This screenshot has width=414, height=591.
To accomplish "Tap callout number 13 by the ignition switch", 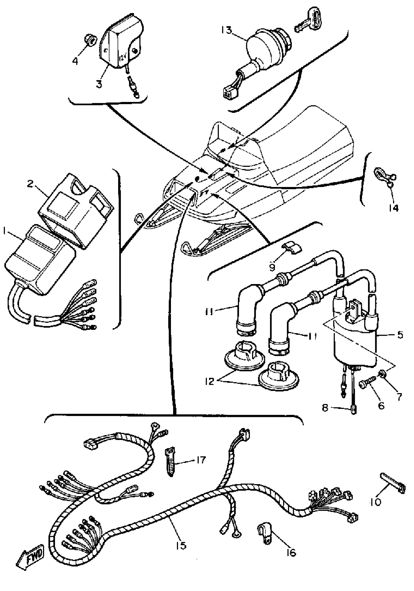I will pyautogui.click(x=227, y=30).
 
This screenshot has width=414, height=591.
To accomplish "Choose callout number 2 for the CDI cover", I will pyautogui.click(x=31, y=184).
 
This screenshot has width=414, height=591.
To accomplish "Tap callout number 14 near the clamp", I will pyautogui.click(x=394, y=207).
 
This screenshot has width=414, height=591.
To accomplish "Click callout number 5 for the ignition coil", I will pyautogui.click(x=400, y=335).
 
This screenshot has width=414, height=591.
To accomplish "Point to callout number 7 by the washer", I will pyautogui.click(x=399, y=397).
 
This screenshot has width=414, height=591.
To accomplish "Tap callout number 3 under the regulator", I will pyautogui.click(x=99, y=83).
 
